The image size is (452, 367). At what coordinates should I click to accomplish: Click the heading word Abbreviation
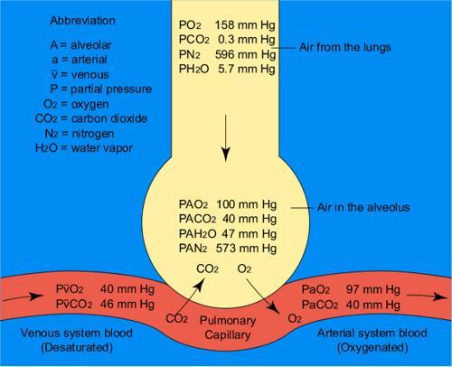(82, 21)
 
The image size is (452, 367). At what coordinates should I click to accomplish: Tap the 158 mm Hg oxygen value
(245, 25)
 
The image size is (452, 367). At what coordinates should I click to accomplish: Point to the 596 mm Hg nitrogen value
(245, 54)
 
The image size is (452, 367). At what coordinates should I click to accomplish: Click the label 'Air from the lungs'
(345, 47)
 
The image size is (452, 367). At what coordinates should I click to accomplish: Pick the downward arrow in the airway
(225, 138)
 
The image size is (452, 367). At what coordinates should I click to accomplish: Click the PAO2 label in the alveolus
(193, 204)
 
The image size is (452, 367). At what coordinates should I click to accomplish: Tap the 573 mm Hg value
(246, 249)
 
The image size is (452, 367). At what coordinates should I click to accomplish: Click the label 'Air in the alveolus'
(363, 207)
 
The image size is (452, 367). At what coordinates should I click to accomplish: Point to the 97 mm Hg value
(373, 289)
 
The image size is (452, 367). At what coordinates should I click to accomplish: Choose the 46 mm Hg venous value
(127, 304)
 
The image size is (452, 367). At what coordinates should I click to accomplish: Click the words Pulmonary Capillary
(228, 327)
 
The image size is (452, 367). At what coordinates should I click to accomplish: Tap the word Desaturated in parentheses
(77, 347)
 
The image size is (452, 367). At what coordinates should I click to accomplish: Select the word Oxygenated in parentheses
(372, 348)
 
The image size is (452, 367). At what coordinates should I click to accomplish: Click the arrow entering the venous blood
(22, 297)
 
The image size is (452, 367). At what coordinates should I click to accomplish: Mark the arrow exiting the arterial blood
(427, 296)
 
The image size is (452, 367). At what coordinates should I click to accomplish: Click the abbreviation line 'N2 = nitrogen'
(80, 134)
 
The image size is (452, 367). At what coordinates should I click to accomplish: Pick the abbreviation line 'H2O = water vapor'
(84, 148)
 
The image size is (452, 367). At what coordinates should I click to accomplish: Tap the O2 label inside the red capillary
(295, 318)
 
